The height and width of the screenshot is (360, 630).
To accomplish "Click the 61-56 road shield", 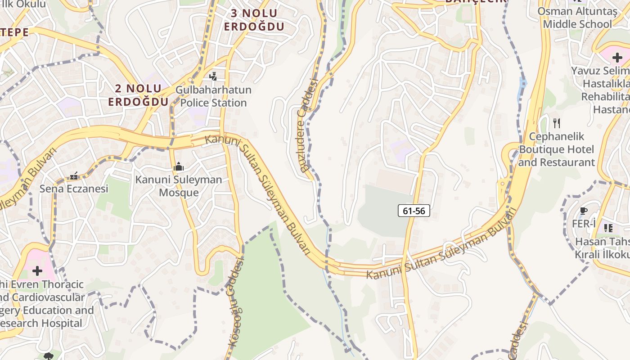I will tap(414, 211).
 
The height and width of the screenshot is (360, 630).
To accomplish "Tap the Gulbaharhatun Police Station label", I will tap(213, 96).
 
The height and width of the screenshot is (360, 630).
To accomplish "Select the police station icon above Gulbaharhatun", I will tap(213, 76).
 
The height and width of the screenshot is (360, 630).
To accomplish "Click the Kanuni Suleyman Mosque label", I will tap(179, 186).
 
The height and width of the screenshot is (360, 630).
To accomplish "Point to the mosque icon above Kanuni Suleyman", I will tap(179, 167).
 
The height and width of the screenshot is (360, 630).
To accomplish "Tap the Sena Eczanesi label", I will tap(74, 189).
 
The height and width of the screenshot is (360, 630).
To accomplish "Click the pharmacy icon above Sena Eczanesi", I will tap(74, 175).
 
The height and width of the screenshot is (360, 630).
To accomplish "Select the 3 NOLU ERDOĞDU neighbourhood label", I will tap(254, 20).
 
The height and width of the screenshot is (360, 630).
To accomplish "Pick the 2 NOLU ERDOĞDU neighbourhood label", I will tap(138, 95).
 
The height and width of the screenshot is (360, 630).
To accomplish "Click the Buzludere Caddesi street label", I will tap(309, 126).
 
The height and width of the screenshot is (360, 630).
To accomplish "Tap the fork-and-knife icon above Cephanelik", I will tap(557, 123).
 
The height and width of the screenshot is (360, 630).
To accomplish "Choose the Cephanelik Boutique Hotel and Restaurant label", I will tap(557, 149).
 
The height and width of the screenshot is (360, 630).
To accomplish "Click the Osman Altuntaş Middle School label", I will tap(577, 18).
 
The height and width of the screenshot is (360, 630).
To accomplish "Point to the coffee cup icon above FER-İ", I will tap(584, 211).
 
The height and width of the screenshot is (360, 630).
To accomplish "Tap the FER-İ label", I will tap(584, 224).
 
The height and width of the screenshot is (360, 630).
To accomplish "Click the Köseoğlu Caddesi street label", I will tap(236, 303).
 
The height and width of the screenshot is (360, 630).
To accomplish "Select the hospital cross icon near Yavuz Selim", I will tap(617, 57).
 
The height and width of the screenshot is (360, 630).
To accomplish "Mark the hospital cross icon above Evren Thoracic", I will tap(37, 270).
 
